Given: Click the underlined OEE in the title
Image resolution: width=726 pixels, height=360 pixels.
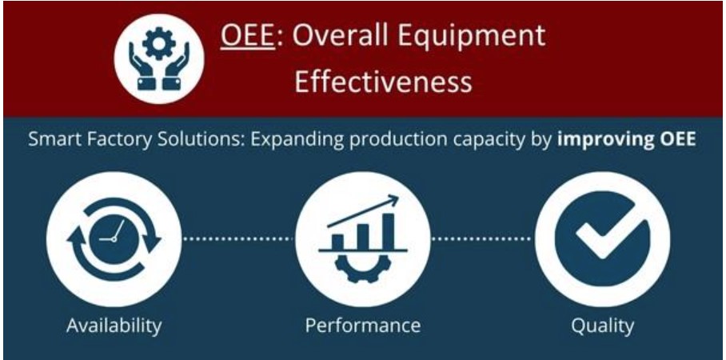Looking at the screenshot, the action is click(x=247, y=36).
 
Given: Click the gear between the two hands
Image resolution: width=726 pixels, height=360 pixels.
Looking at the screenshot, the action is click(x=159, y=43).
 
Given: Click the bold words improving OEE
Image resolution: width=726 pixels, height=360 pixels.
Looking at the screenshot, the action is click(x=626, y=140).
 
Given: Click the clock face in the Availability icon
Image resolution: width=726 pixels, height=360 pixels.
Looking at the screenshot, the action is click(x=113, y=238).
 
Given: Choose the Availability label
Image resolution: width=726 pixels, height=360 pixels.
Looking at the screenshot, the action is click(x=114, y=326).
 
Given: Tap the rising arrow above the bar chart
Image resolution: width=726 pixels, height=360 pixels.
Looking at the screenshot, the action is click(x=362, y=211).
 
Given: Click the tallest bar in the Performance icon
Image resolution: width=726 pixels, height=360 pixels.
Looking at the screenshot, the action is click(x=389, y=231).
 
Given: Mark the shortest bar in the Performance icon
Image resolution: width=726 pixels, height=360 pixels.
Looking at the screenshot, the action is click(x=338, y=242).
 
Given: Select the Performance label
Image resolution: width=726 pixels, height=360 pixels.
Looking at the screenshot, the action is click(x=362, y=326).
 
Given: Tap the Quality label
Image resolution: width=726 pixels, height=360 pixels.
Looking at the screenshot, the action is click(x=602, y=326).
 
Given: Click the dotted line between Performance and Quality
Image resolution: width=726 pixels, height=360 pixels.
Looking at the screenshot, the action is click(x=481, y=238).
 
